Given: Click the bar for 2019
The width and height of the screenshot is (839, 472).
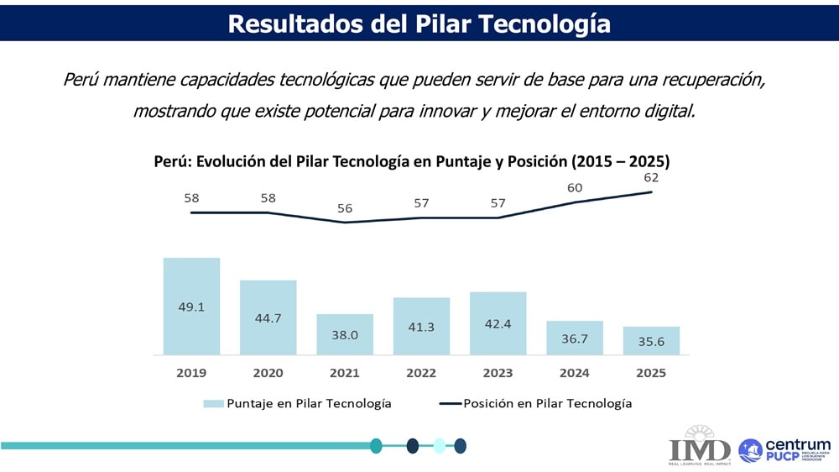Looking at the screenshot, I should (x=191, y=306).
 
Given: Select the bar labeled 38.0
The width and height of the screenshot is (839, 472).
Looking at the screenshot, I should (x=345, y=334).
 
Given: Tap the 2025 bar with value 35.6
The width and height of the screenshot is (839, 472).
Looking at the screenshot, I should (x=651, y=340).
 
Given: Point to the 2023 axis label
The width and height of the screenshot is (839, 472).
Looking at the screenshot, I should (x=498, y=373).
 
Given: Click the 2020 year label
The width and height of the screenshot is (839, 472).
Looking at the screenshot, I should (x=268, y=373).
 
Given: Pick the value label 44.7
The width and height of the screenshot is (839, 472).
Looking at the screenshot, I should (x=268, y=317).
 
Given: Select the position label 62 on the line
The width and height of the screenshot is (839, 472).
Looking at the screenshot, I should (x=651, y=178).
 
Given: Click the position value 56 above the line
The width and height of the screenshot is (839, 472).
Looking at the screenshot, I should (x=345, y=208).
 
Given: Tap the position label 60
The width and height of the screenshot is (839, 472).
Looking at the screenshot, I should (x=575, y=188).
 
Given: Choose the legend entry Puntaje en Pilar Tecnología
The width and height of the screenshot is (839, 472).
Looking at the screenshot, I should (x=298, y=404).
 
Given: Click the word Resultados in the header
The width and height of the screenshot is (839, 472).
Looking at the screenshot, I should (x=294, y=23).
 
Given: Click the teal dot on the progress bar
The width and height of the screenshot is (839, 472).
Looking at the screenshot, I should (x=376, y=446).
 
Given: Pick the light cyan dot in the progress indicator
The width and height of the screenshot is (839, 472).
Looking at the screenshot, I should (x=439, y=446).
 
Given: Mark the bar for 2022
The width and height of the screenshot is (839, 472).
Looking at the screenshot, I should (x=421, y=326).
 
